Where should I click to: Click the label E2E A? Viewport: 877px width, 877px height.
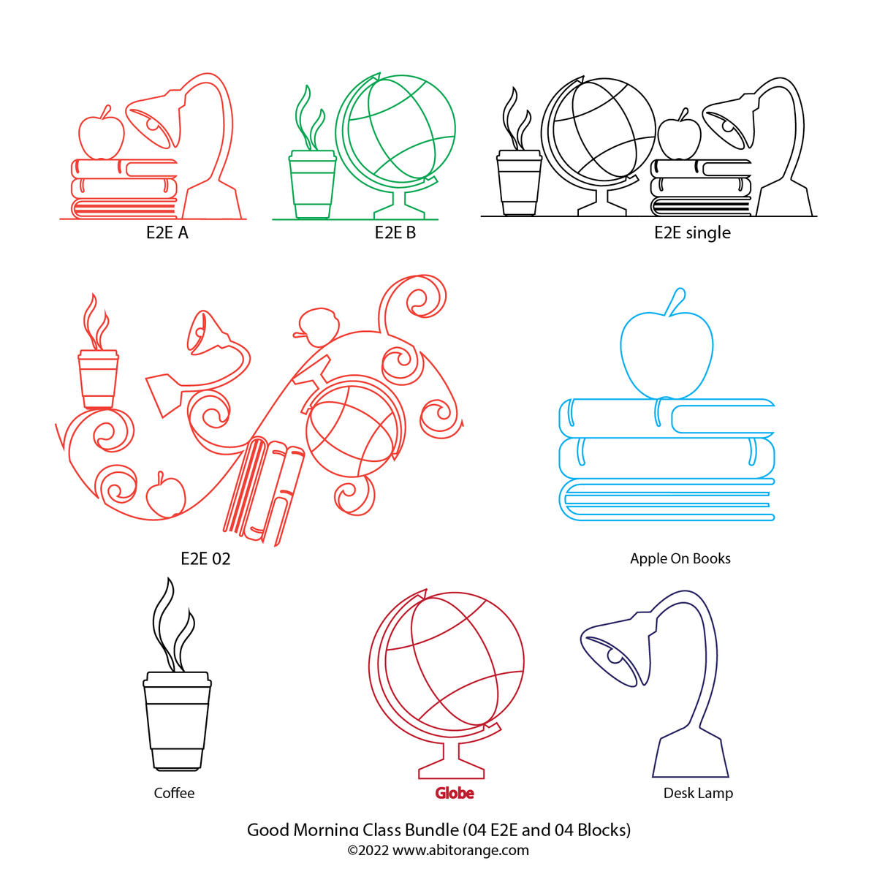tap(167, 232)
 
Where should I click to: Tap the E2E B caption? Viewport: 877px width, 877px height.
tap(395, 232)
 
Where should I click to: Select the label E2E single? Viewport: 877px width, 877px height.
tap(692, 232)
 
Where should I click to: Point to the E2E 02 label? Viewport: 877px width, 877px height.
tap(205, 558)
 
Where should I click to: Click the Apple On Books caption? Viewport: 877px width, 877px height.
tap(680, 558)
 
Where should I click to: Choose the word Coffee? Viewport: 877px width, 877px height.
tap(174, 793)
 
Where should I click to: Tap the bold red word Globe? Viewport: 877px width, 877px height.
tap(454, 793)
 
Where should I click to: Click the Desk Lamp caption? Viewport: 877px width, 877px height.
tap(698, 793)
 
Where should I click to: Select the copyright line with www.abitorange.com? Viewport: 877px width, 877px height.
tap(438, 850)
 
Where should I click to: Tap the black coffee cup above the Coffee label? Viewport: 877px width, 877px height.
tap(177, 722)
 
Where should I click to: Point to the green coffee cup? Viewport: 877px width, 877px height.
tap(312, 184)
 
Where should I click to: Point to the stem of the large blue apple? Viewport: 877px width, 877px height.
tap(675, 301)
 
